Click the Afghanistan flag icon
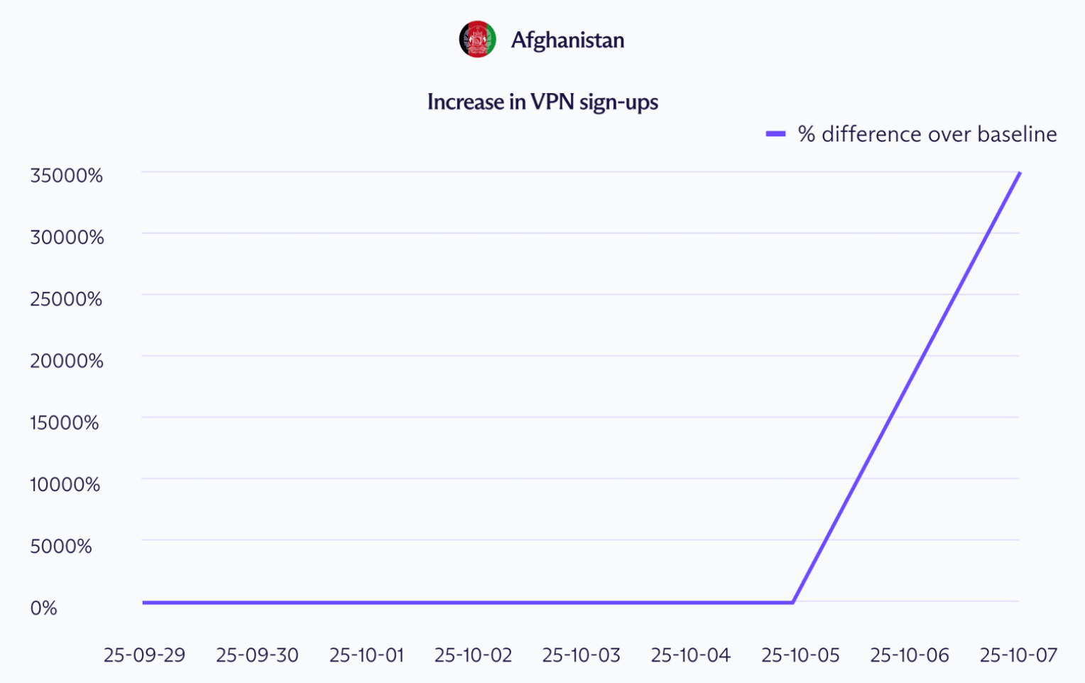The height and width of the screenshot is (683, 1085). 477,40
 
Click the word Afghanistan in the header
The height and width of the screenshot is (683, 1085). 567,40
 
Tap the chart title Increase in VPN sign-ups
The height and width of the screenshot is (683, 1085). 542,102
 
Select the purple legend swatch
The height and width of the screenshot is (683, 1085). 775,134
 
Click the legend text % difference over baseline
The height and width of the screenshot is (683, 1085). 927,134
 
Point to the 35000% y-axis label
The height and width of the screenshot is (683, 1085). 66,175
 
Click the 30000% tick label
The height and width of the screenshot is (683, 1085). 67,237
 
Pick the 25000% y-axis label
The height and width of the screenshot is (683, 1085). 66,299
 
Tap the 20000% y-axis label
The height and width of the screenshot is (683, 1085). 67,360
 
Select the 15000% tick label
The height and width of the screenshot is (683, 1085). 65,422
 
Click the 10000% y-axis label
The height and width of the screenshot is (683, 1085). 65,484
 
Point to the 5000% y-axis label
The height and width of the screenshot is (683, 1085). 61,546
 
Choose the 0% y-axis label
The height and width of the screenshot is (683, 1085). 43,608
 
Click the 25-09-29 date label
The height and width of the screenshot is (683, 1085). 144,655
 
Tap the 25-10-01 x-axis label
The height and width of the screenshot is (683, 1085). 366,655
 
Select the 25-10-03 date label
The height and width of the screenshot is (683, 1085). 581,655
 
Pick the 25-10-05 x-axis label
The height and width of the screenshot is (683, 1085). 800,655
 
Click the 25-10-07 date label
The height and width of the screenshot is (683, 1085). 1018,655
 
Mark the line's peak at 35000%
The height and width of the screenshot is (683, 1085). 1020,173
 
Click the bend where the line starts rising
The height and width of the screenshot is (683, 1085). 792,603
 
